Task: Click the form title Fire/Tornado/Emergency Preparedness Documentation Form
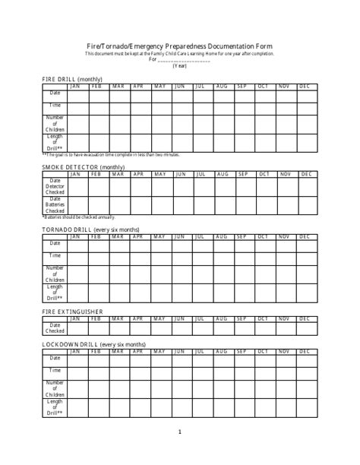tap(179, 45)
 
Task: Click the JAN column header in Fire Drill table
tap(75, 86)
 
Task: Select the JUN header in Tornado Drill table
tap(180, 236)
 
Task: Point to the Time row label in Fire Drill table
tap(55, 105)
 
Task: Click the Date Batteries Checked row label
tap(55, 205)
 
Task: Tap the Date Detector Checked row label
tap(55, 186)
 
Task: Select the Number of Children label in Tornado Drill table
tap(55, 274)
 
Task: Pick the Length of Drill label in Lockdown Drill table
tap(55, 406)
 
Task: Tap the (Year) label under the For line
tap(179, 66)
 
